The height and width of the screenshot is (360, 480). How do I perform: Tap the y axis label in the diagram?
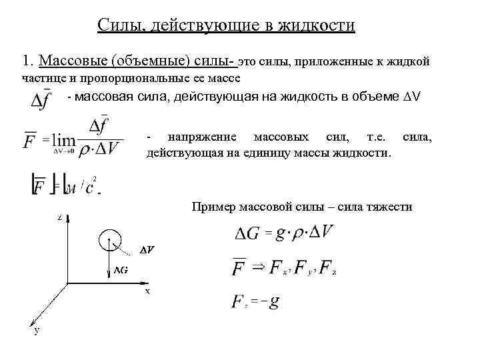click(x=37, y=330)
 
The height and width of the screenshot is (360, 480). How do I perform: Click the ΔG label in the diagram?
click(x=121, y=270)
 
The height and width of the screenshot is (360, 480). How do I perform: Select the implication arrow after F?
click(x=257, y=267)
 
